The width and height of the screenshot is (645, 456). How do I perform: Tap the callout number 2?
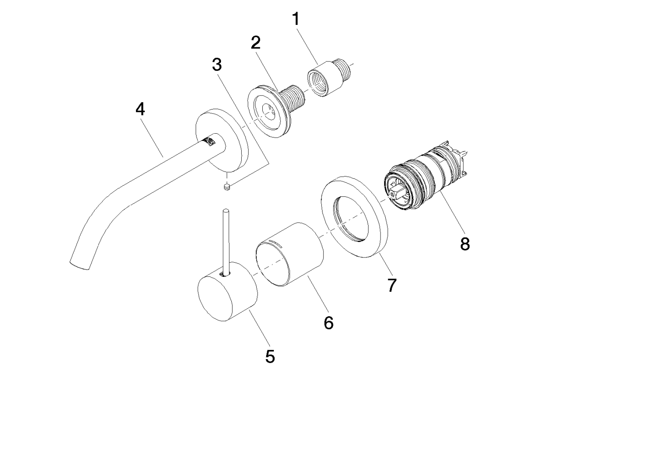point(256,43)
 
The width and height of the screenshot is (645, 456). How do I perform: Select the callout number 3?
point(217,65)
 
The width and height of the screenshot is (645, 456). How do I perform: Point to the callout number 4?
point(140,110)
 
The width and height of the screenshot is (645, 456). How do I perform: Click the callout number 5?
point(270,357)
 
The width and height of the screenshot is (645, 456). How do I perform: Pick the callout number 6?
point(329,322)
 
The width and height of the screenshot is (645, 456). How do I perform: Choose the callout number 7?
point(391,285)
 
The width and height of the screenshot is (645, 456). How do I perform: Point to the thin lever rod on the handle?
point(226,241)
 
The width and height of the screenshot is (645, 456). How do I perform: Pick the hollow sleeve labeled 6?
point(291,254)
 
